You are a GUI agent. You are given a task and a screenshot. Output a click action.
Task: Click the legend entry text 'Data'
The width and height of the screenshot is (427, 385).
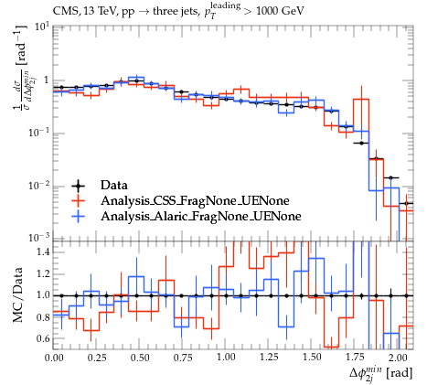click(114, 185)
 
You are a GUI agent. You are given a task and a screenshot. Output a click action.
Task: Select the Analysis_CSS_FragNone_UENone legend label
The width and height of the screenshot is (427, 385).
click(195, 200)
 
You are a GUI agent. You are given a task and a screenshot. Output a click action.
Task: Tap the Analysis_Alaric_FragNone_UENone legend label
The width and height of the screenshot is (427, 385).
click(201, 216)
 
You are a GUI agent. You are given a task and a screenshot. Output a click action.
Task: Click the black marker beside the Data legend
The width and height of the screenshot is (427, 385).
click(78, 186)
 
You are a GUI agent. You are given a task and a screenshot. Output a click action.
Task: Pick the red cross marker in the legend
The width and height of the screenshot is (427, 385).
click(78, 200)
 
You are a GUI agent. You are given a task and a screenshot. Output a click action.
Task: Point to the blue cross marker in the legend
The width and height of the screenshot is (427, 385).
click(78, 216)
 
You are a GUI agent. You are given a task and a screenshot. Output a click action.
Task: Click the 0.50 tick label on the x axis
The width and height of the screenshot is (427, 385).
click(140, 358)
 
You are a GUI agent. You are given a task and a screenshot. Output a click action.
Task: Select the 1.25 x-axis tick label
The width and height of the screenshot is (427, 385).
click(269, 358)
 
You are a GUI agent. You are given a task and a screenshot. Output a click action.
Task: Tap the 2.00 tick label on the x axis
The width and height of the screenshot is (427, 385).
click(399, 358)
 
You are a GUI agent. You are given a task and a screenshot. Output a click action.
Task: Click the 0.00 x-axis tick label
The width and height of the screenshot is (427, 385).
click(54, 358)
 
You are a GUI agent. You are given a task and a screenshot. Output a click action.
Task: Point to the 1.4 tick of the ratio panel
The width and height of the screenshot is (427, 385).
click(43, 252)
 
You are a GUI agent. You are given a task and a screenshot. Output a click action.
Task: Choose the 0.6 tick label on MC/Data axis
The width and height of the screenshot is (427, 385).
click(43, 338)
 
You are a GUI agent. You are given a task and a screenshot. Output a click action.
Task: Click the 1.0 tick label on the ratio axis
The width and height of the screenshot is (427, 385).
click(43, 295)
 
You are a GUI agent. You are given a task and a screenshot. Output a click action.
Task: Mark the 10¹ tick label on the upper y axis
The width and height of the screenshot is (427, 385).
click(42, 27)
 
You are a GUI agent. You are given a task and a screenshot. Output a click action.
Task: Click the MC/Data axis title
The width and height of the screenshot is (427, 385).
click(18, 294)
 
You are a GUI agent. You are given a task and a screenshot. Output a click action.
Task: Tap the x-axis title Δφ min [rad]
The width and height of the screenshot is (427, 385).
click(380, 373)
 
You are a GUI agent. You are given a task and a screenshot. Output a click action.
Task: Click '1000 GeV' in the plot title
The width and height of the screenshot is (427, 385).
click(280, 11)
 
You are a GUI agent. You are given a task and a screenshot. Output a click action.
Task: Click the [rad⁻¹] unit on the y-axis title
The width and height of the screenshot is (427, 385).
click(21, 45)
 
